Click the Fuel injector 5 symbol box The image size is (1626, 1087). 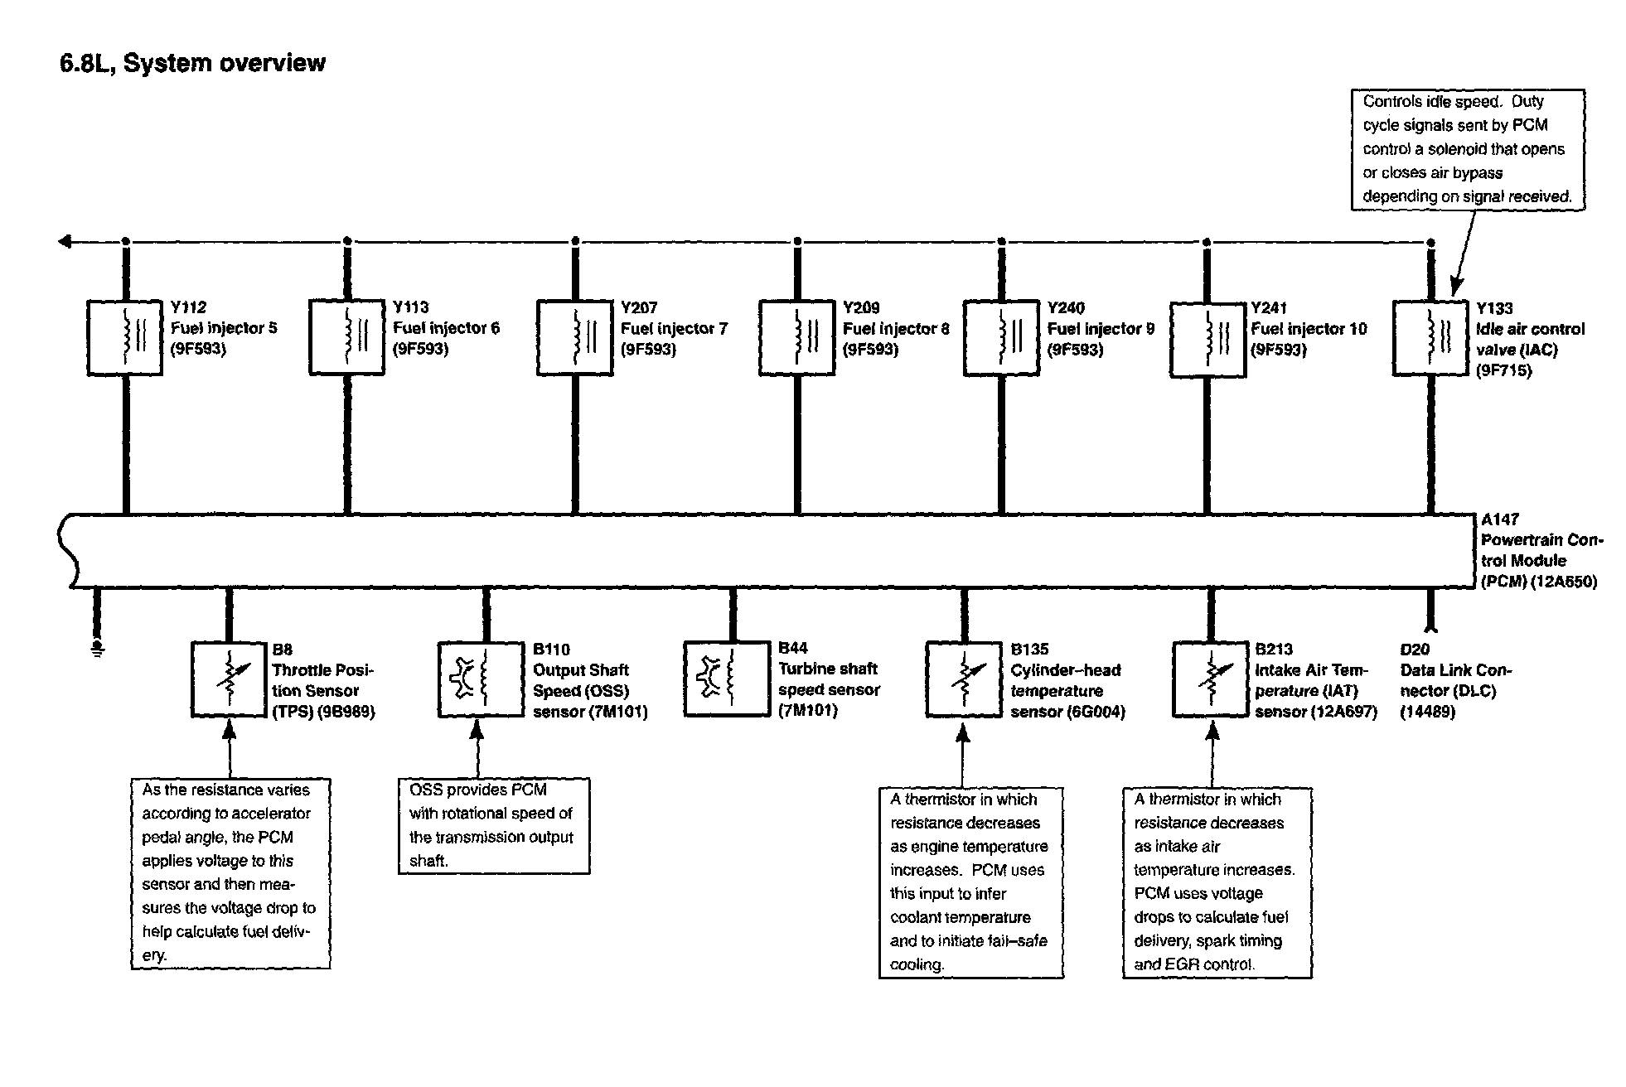coord(124,337)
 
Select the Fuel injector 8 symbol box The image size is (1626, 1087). coord(796,337)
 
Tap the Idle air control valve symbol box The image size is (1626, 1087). coord(1430,337)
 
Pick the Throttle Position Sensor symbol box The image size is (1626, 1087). coord(228,679)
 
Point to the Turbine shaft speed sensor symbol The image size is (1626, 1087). coord(725,679)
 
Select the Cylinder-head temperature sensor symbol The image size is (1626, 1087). coord(962,679)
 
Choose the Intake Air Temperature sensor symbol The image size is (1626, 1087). coord(1210,679)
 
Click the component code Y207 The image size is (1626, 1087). coord(639,307)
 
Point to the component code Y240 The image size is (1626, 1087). coord(1066,307)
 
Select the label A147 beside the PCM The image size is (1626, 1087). coord(1500,519)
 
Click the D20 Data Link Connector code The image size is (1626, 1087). coord(1415,650)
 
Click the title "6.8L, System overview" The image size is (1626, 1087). coord(192,64)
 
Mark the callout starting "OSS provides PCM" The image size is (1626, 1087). coord(494,825)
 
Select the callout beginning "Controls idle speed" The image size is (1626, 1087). coord(1468,149)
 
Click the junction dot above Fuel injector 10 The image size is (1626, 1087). coord(1207,242)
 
